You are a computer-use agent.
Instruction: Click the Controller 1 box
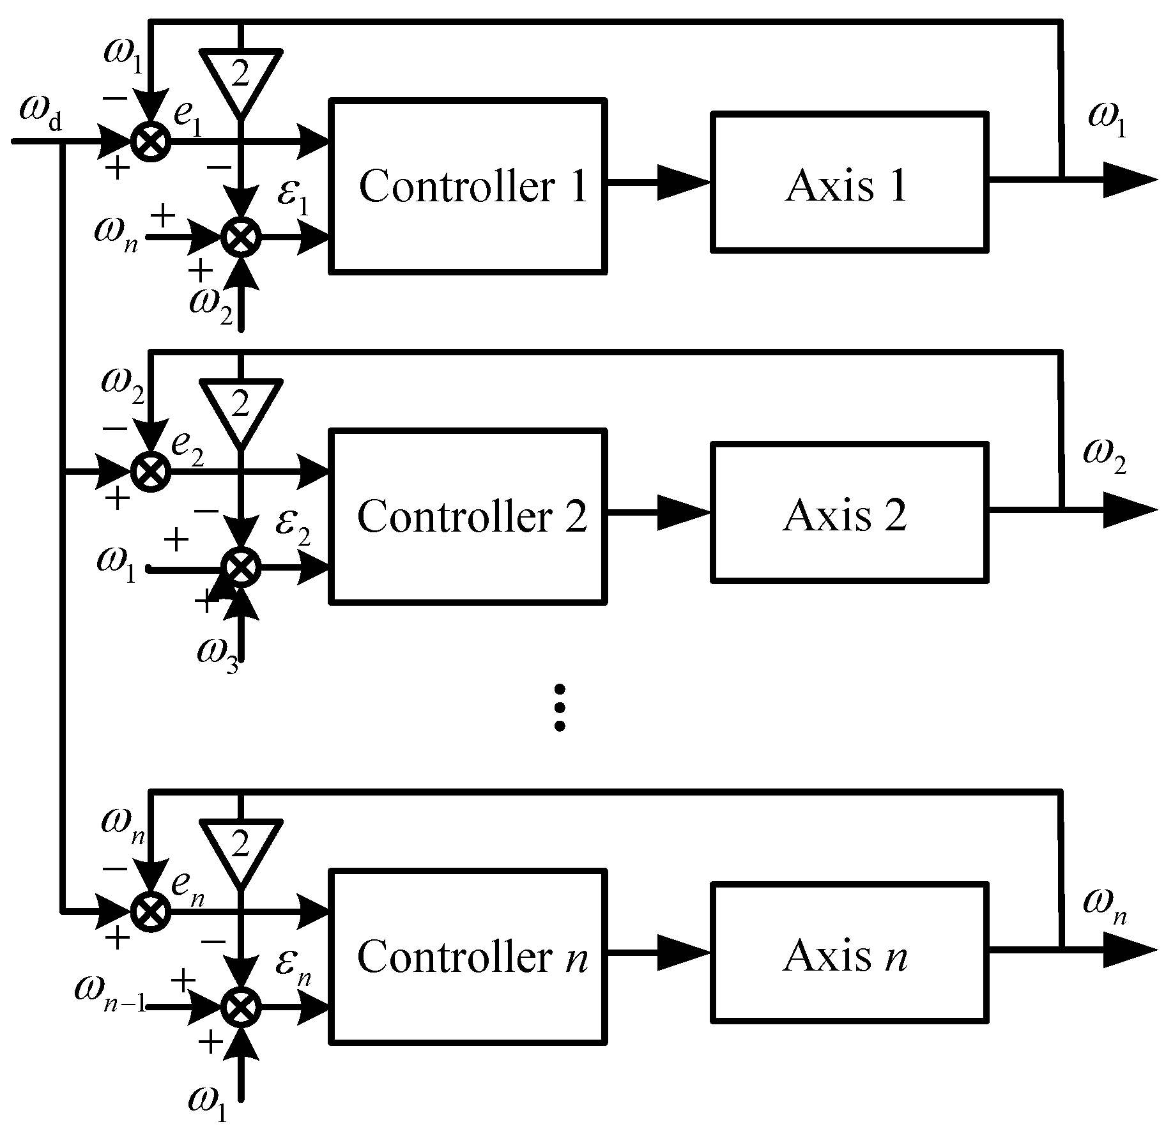click(x=468, y=186)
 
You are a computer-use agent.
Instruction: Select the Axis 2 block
click(x=850, y=513)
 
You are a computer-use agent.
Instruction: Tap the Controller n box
click(x=468, y=956)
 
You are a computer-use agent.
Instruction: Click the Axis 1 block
click(x=850, y=183)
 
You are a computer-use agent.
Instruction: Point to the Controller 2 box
click(x=468, y=516)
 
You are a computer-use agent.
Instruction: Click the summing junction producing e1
click(x=151, y=141)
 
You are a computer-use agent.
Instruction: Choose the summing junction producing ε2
click(x=241, y=567)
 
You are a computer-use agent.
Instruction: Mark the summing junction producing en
click(x=151, y=911)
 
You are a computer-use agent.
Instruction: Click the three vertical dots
click(x=560, y=707)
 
